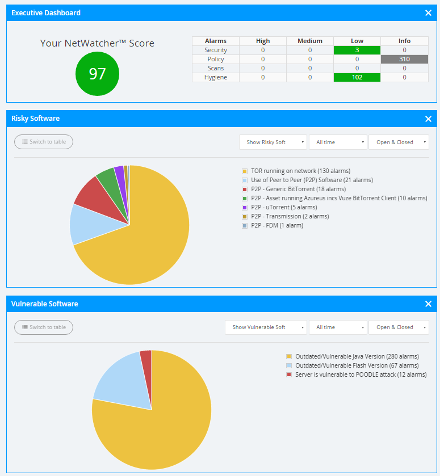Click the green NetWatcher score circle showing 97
97,73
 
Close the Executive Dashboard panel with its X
428,12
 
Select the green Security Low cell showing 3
357,50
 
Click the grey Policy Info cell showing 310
404,59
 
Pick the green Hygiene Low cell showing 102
357,77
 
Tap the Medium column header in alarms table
309,41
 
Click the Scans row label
215,68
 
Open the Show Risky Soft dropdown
273,142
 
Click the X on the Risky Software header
428,119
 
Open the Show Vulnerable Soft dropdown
266,327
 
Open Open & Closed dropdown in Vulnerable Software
398,327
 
